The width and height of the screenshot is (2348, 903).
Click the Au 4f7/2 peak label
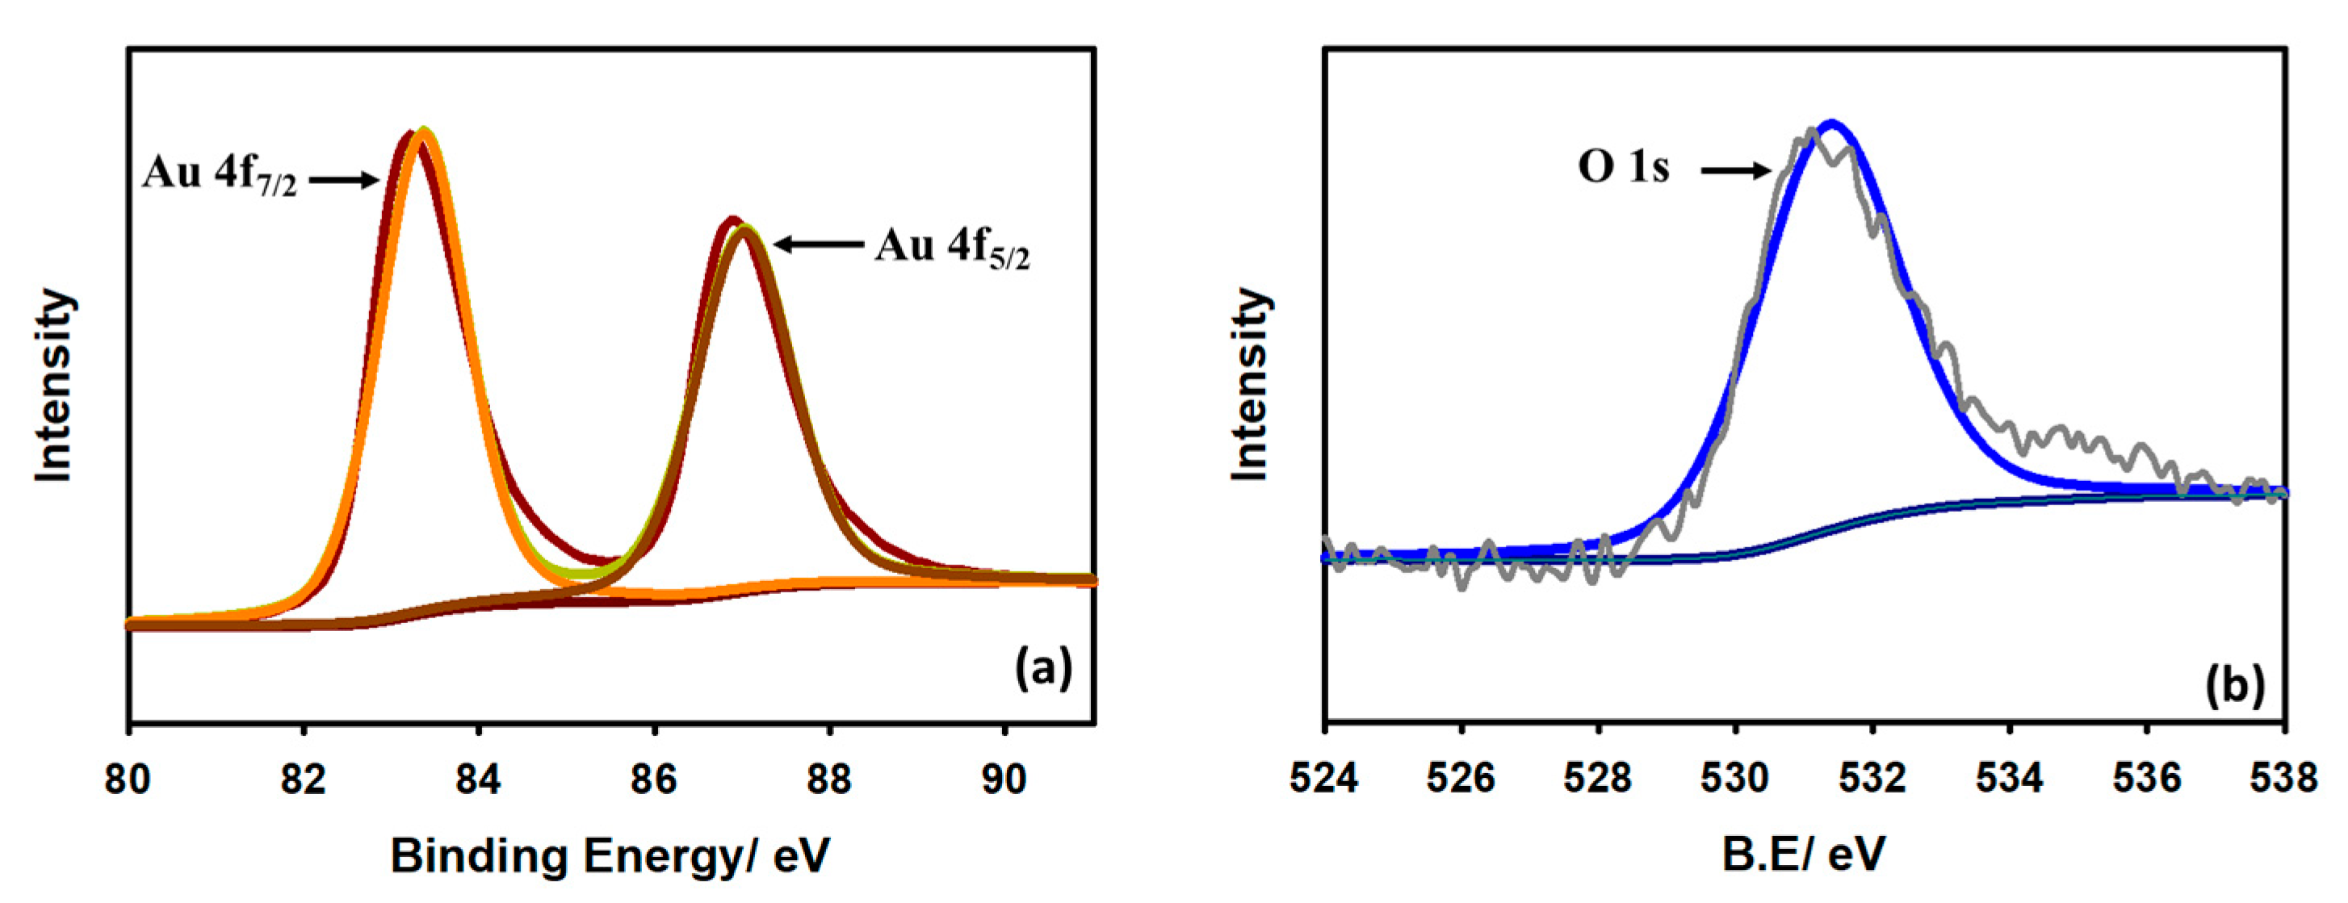[219, 173]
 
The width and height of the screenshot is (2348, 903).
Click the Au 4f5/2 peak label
[952, 247]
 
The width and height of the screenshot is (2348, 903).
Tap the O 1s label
[1624, 168]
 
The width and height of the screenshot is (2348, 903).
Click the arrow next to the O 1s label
[1734, 169]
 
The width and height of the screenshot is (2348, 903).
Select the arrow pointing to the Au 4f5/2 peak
[818, 245]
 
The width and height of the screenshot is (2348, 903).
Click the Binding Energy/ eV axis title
[610, 855]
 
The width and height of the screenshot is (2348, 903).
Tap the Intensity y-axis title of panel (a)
[54, 386]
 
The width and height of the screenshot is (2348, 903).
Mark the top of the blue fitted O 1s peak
[1832, 124]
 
